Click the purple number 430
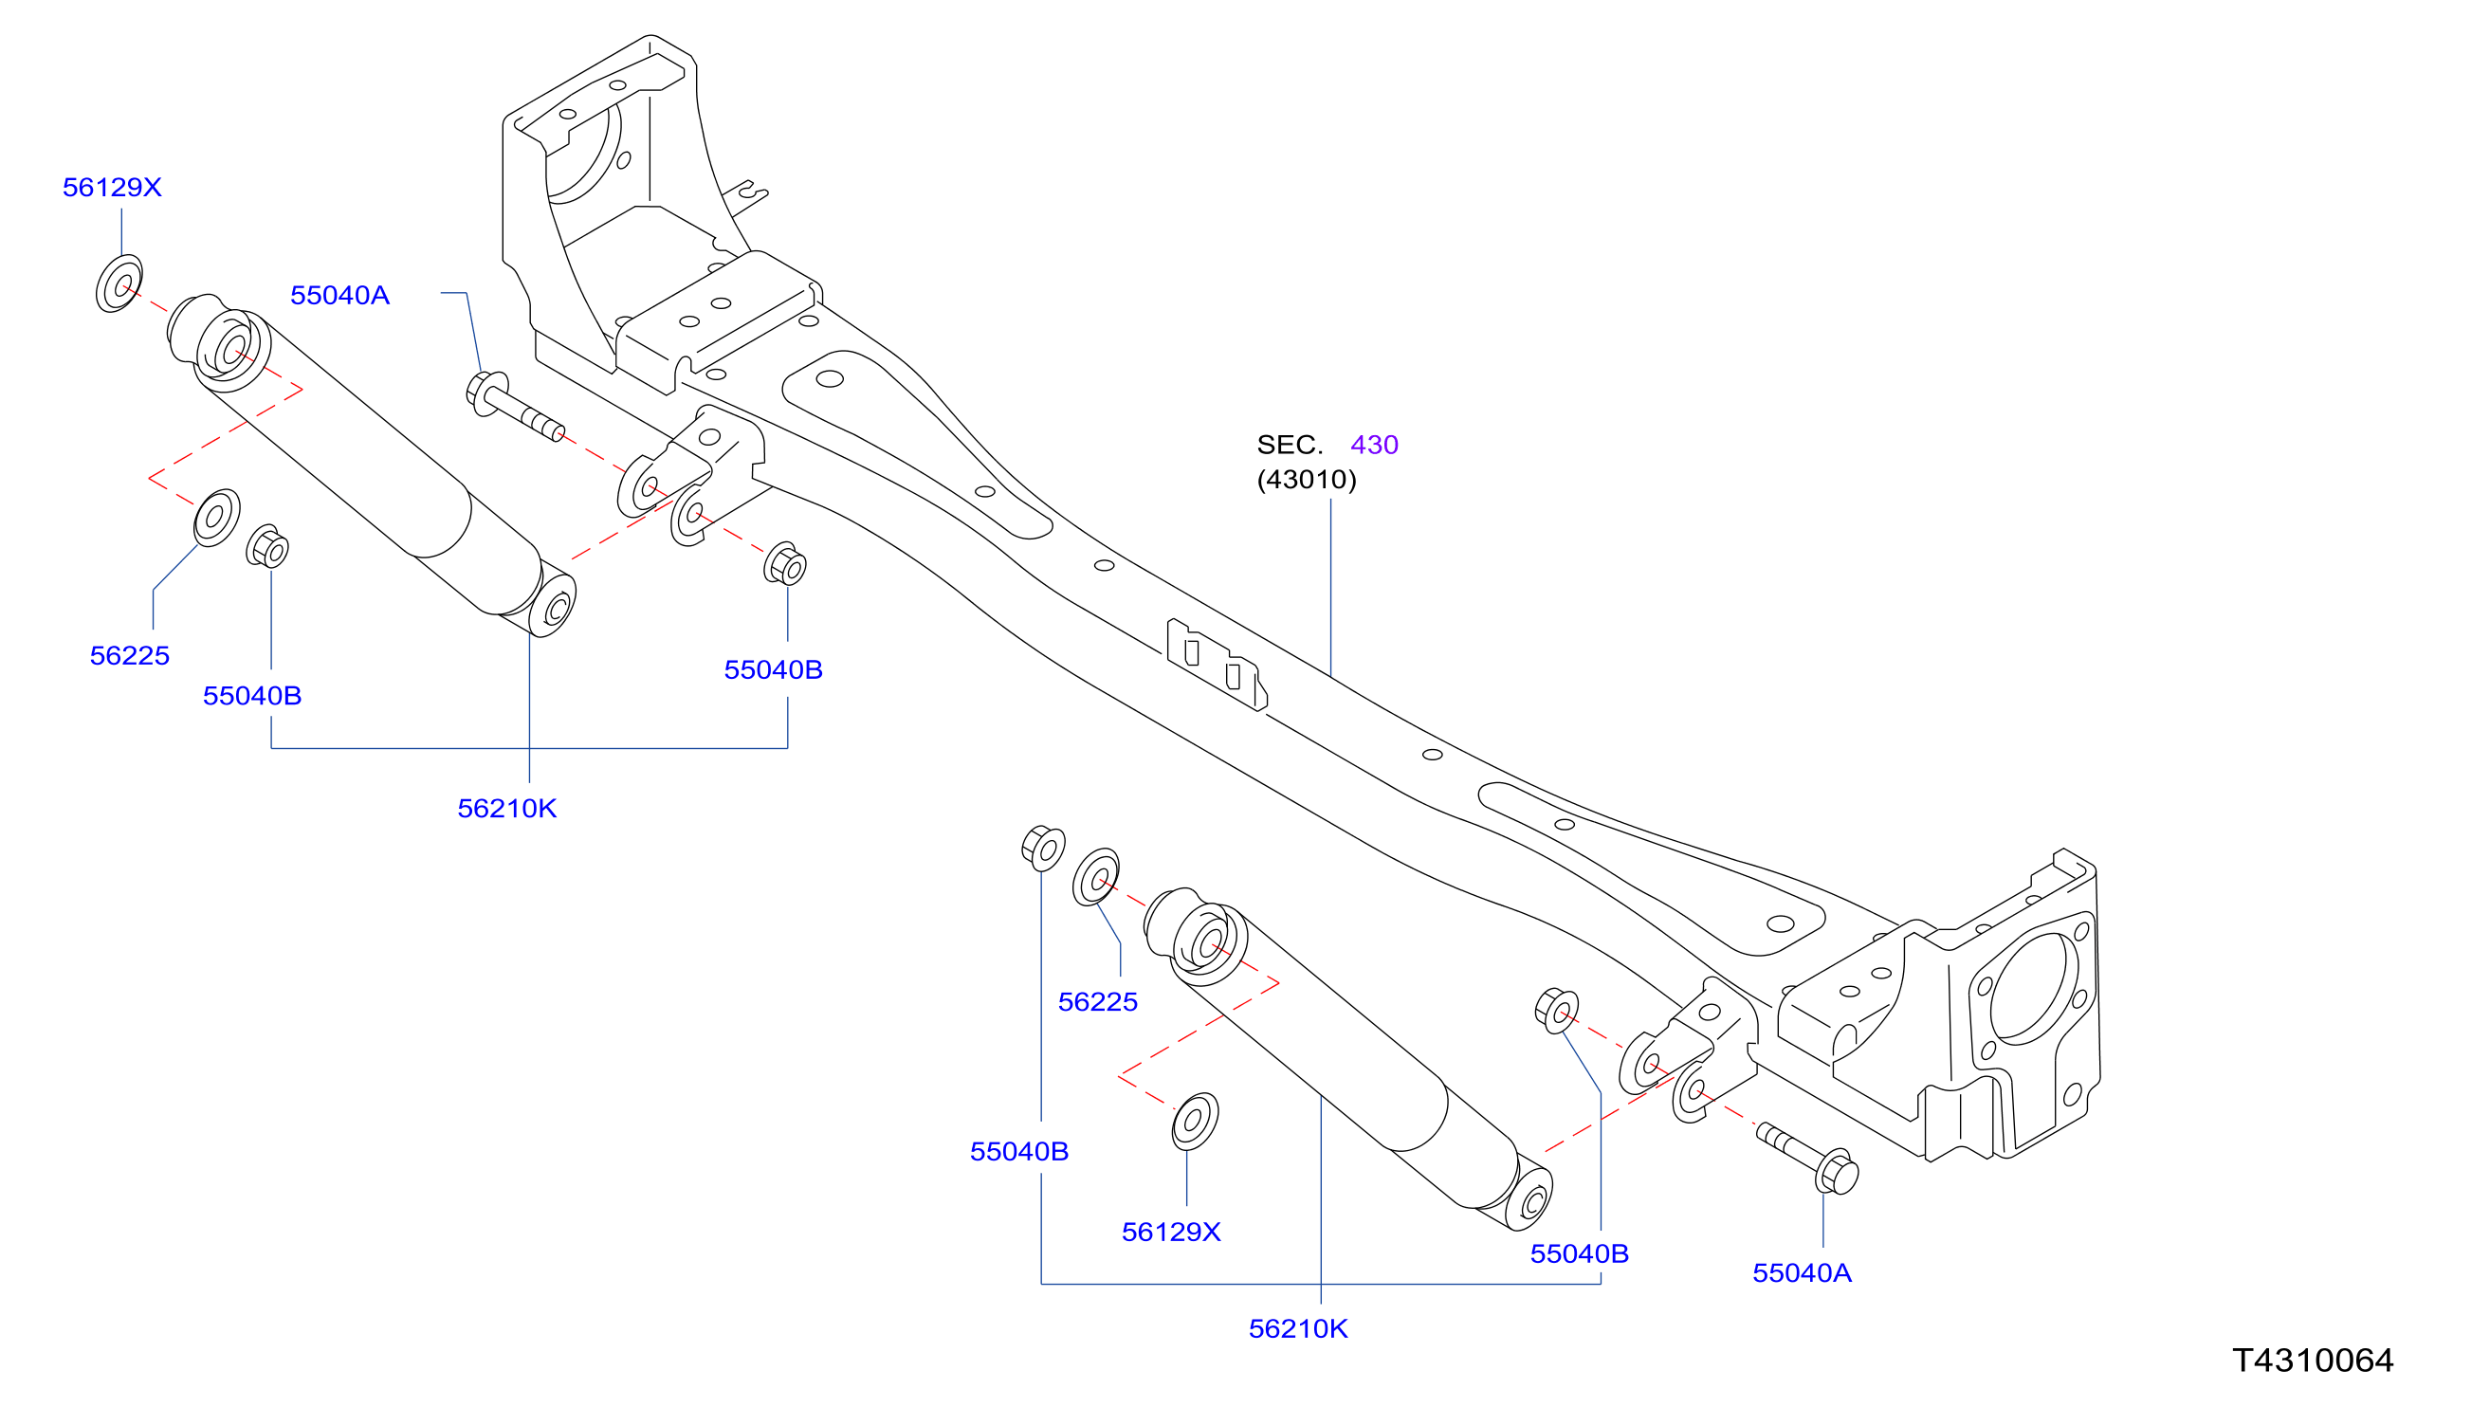tap(1374, 445)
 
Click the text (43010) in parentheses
tap(1306, 480)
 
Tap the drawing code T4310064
tap(2313, 1361)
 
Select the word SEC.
tap(1289, 445)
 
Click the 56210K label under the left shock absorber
tap(506, 808)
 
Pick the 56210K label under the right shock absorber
tap(1298, 1328)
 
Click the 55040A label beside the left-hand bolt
tap(339, 295)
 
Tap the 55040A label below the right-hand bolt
tap(1802, 1272)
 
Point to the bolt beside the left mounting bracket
tap(514, 407)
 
